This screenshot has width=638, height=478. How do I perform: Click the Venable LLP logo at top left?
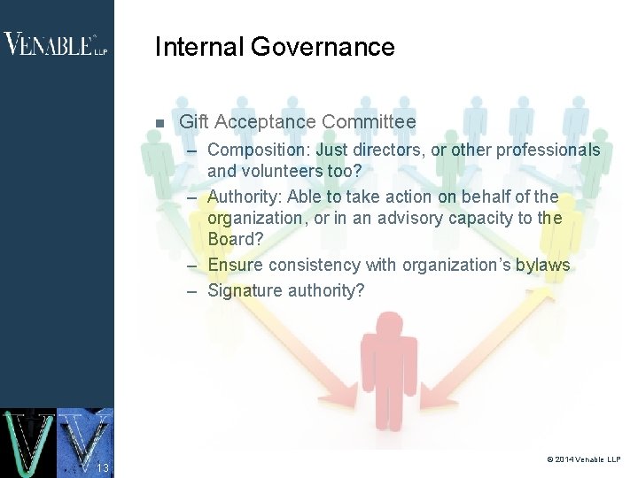[55, 44]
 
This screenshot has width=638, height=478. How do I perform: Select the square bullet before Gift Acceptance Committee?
[159, 123]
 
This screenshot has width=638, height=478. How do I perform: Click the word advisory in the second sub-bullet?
[414, 219]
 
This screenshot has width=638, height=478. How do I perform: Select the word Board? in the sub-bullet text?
[235, 240]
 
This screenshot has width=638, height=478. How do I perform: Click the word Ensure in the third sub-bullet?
[235, 265]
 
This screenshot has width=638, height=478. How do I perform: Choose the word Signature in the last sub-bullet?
[245, 290]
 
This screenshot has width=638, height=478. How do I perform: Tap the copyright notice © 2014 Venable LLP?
[584, 459]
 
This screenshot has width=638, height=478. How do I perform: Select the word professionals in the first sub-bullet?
[548, 150]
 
